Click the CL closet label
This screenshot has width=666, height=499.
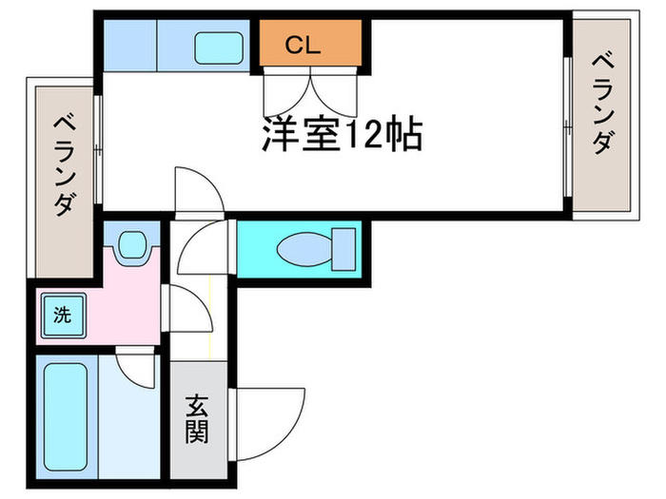pyautogui.click(x=303, y=45)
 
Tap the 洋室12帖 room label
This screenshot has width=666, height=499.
pyautogui.click(x=343, y=134)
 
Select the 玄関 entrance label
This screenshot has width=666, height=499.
pyautogui.click(x=197, y=419)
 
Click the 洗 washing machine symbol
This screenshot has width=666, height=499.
pyautogui.click(x=64, y=316)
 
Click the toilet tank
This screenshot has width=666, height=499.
pyautogui.click(x=343, y=249)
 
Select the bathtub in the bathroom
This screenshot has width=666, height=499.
pyautogui.click(x=66, y=416)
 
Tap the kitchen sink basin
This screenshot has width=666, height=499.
pyautogui.click(x=219, y=48)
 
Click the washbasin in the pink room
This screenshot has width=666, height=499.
pyautogui.click(x=132, y=245)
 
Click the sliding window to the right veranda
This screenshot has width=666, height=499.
pyautogui.click(x=568, y=126)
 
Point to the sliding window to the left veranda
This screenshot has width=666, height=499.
pyautogui.click(x=98, y=149)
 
